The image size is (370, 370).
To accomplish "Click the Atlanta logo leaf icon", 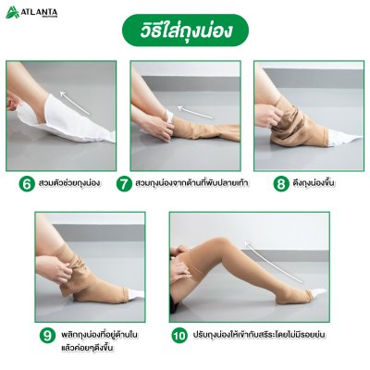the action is coord(12,12).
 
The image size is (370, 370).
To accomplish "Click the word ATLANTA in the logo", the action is coord(39,12).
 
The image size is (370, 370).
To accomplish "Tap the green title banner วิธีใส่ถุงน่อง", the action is coord(185,31).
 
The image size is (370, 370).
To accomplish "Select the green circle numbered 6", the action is coord(27,184).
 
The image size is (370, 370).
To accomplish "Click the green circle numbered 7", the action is coord(124,184).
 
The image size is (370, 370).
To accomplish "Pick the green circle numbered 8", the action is coord(281,184).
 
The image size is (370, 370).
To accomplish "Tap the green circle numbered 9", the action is coord(47,335).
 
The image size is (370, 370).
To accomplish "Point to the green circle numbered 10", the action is coord(179,335).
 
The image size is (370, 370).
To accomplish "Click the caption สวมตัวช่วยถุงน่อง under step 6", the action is coord(69,183).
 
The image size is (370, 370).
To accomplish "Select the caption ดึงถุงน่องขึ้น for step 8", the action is coord(314,183).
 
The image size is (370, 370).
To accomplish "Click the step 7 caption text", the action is coord(192,183).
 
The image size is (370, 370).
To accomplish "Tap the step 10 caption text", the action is coord(259,334).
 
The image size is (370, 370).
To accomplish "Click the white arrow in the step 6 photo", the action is coord(75,103).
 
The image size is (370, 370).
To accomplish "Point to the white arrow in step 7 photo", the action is coord(195,112).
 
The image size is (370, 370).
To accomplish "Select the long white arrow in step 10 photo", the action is coord(273,262).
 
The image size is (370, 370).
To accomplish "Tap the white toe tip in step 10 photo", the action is coord(318,292).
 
